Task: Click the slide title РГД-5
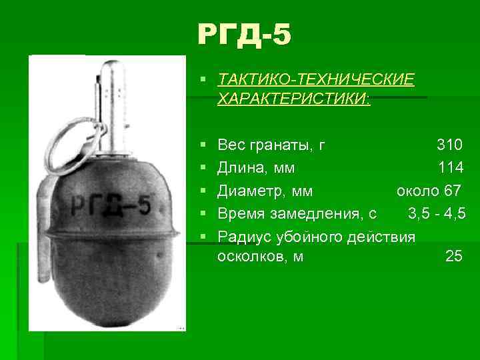[244, 35]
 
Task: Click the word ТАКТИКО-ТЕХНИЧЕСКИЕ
[315, 80]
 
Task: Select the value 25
[453, 256]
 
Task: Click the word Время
[241, 214]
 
